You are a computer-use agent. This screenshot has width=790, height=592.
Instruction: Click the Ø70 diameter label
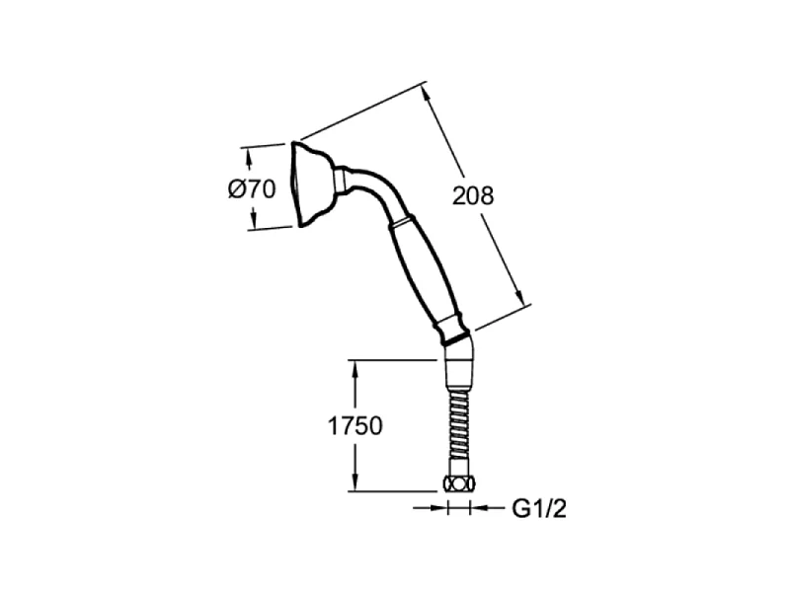click(x=252, y=189)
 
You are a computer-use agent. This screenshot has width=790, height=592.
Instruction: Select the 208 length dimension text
click(x=473, y=195)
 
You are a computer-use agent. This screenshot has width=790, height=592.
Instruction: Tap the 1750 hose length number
click(x=355, y=426)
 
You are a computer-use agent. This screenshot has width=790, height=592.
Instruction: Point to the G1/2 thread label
click(x=539, y=509)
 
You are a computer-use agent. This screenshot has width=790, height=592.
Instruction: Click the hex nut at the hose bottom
click(x=458, y=484)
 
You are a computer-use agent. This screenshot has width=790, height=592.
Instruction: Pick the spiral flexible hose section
click(x=459, y=424)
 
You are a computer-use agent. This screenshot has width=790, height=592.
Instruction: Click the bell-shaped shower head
click(x=311, y=184)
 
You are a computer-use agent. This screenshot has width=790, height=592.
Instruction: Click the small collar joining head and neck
click(x=340, y=181)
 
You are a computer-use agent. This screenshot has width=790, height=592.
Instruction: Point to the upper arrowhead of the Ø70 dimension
click(x=248, y=159)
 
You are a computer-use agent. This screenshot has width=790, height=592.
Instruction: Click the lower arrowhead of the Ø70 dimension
click(x=253, y=219)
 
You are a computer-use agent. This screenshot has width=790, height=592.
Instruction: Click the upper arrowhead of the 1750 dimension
click(x=355, y=371)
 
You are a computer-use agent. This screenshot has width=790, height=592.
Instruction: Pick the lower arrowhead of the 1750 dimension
click(x=355, y=481)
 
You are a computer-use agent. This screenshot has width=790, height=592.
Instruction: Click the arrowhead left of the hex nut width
click(x=438, y=508)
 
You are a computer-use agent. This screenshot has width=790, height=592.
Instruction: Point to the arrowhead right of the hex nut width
click(x=479, y=508)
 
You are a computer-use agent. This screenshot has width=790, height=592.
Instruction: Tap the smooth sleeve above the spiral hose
click(x=459, y=374)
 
